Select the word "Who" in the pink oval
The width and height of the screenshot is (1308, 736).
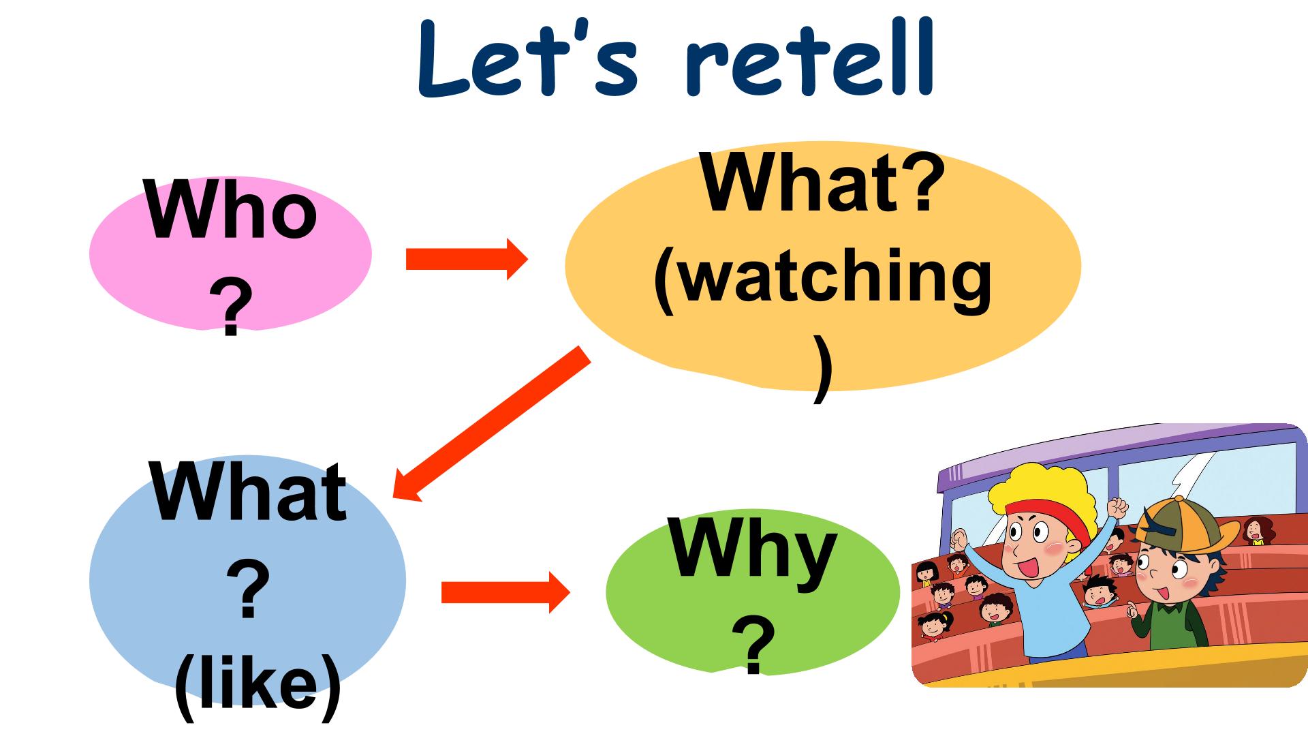coord(232,211)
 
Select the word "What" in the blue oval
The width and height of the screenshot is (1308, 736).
coord(249,491)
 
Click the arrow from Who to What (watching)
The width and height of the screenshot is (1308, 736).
coord(467,259)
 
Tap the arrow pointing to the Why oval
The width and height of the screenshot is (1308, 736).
coord(505,592)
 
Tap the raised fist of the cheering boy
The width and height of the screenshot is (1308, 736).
coord(1117,507)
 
